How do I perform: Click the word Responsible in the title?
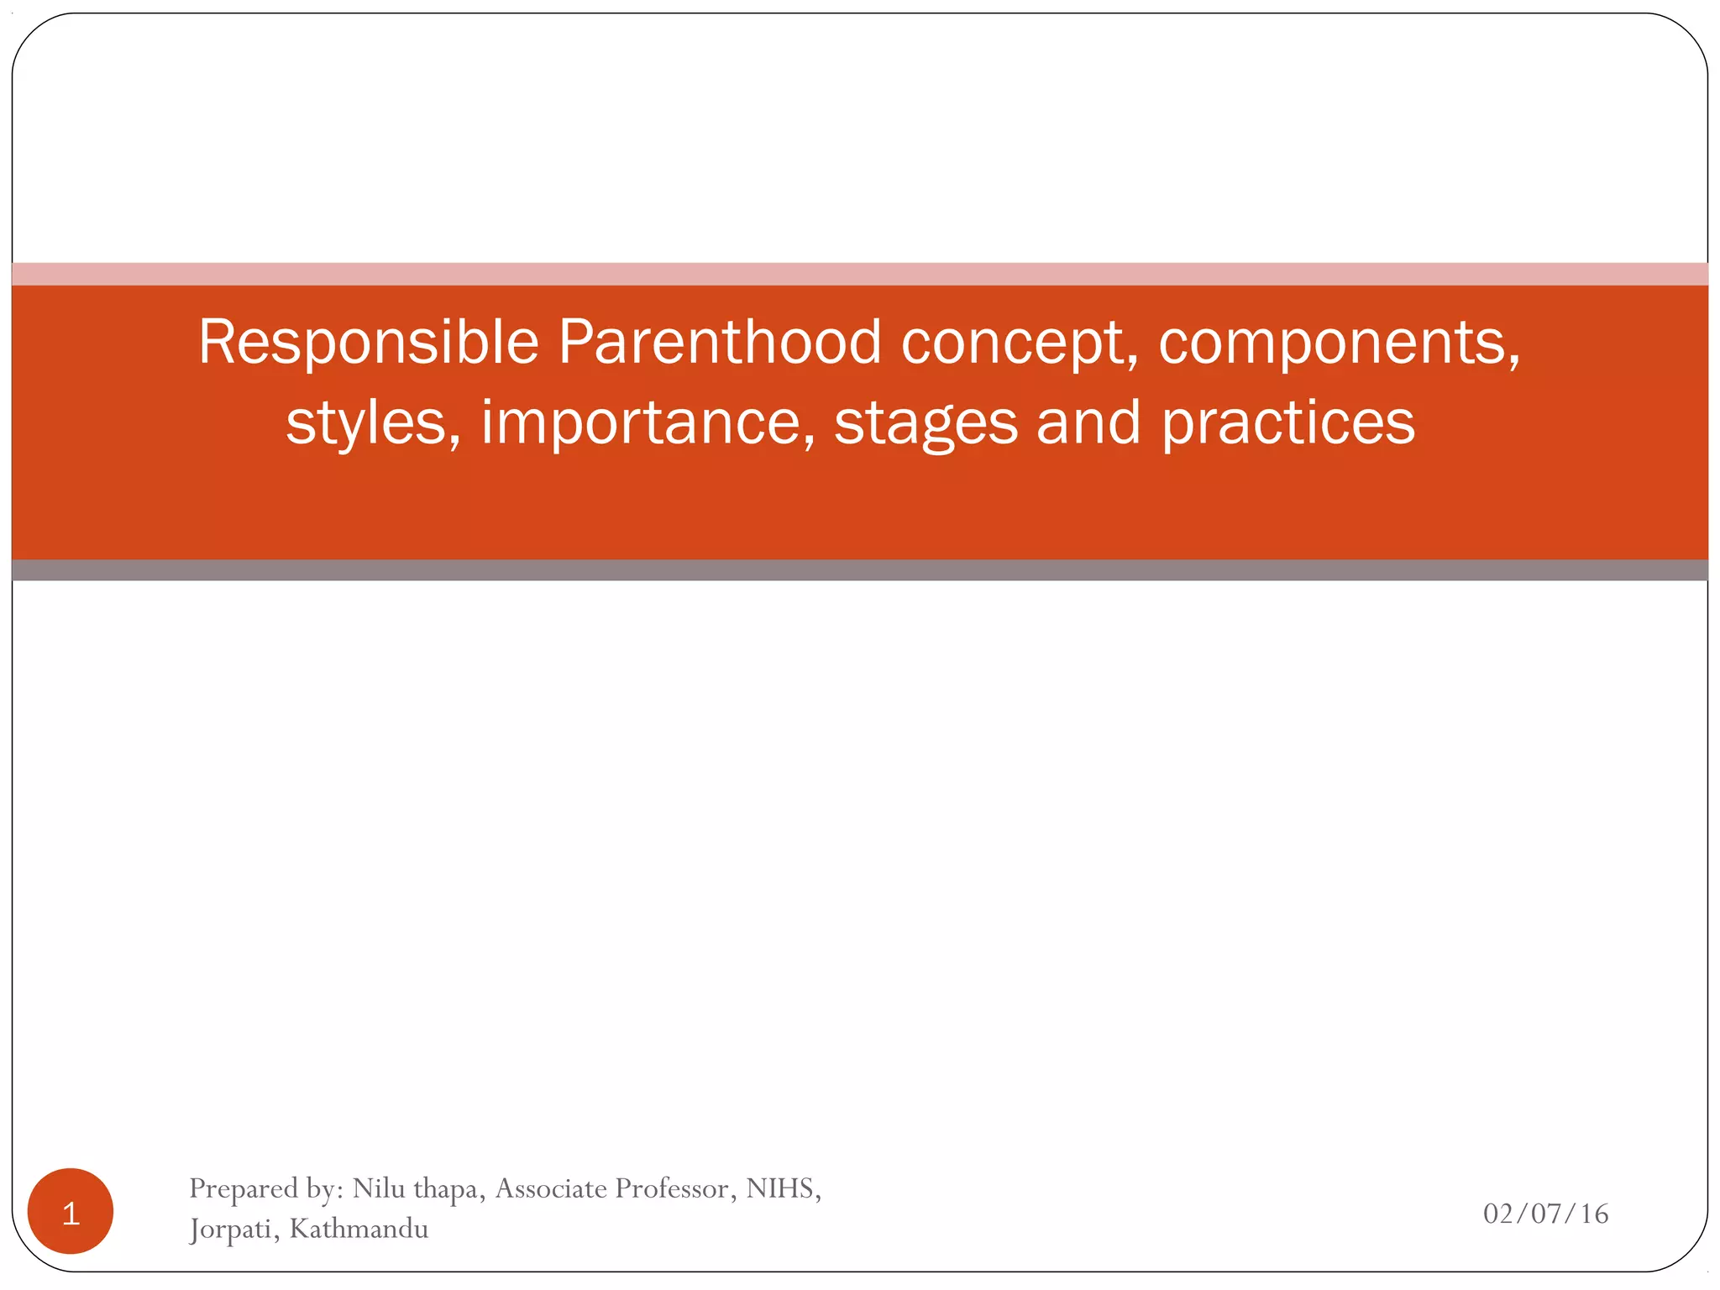point(368,343)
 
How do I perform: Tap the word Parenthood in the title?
point(720,343)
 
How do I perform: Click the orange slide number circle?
point(71,1211)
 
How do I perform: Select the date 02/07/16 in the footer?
point(1545,1214)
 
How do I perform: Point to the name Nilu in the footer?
point(379,1188)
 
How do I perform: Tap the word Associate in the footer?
point(551,1188)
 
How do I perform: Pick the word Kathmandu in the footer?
point(359,1229)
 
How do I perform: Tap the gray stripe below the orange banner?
point(860,570)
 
